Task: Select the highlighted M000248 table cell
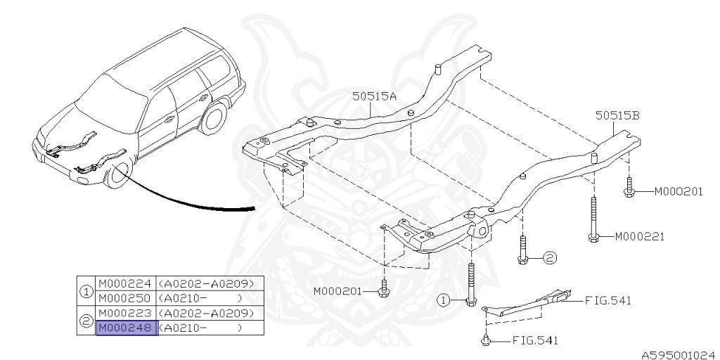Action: [127, 328]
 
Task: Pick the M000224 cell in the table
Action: [127, 284]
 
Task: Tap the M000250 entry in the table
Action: [127, 298]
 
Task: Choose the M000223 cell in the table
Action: [127, 313]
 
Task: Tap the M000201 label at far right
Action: [679, 191]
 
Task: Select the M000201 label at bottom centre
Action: [338, 291]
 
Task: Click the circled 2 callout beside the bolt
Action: [549, 258]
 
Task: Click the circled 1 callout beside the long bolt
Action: [444, 300]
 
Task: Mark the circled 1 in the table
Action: [86, 291]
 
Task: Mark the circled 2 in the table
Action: [86, 321]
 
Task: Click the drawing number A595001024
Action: [678, 355]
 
